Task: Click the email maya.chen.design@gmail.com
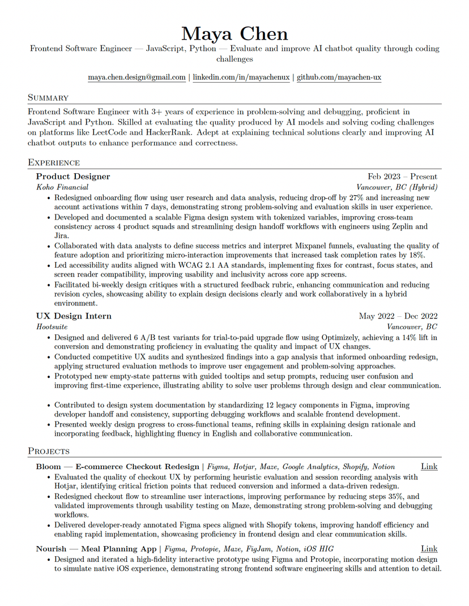tap(137, 77)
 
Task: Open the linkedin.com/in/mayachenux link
tap(241, 77)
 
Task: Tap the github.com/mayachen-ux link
tap(339, 77)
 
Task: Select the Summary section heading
tap(48, 98)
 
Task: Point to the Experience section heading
tap(54, 163)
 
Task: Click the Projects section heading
tap(49, 451)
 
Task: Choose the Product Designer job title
tap(73, 177)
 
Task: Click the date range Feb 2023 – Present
tap(402, 177)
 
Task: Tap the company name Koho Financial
tap(62, 187)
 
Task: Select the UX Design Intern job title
tap(74, 316)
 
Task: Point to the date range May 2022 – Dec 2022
tap(398, 316)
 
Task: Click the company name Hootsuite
tap(52, 327)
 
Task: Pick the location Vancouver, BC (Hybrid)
tap(396, 187)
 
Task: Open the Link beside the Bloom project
tap(429, 467)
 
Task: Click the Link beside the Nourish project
tap(429, 549)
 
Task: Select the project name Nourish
tap(51, 549)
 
